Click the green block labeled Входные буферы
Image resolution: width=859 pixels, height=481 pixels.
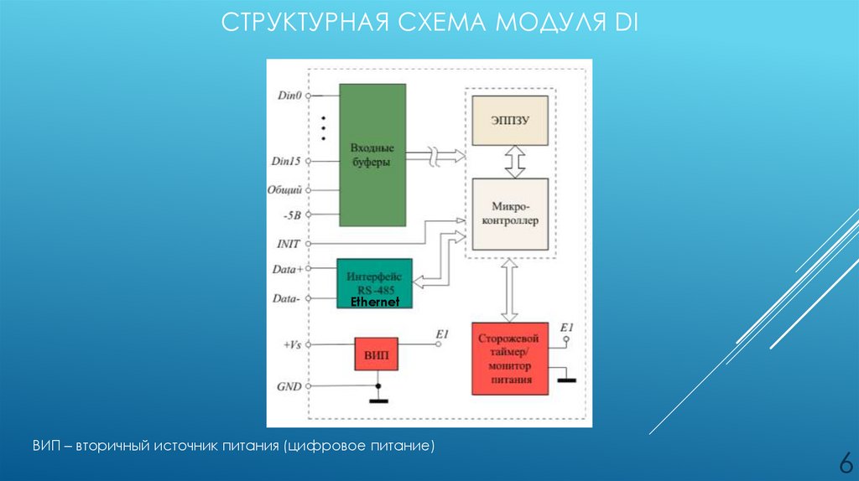tap(370, 154)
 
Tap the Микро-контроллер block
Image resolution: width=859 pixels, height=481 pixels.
tap(510, 214)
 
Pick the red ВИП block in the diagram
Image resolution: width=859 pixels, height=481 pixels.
tap(377, 354)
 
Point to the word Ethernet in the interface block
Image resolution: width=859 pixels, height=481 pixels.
tap(374, 302)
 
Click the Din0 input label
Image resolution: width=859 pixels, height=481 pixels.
tap(289, 96)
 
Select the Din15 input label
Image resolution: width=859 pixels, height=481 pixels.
tap(287, 160)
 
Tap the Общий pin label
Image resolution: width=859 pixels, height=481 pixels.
tap(284, 190)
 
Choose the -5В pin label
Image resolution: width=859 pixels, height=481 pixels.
tap(290, 215)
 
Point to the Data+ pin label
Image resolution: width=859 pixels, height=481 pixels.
tap(288, 269)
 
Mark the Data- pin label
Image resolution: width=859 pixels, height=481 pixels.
tap(288, 297)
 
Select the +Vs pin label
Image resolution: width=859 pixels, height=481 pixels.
tap(290, 344)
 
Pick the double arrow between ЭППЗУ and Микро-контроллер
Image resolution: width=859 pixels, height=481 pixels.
tap(514, 162)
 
